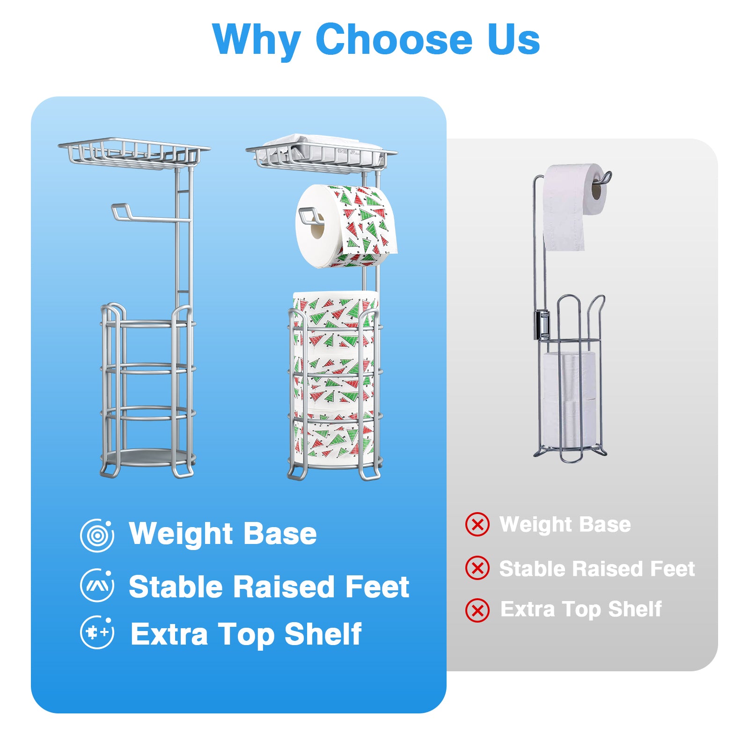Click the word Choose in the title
[x=394, y=39]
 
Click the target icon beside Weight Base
[x=97, y=536]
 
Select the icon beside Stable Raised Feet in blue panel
[x=97, y=585]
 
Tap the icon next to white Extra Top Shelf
[x=97, y=632]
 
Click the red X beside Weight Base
[x=477, y=524]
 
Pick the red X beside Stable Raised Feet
[x=477, y=568]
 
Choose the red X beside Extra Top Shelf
[x=477, y=610]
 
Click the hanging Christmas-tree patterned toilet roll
[x=346, y=226]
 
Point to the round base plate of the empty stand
[x=147, y=457]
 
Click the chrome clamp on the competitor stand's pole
[x=542, y=324]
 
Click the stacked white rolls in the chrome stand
[x=570, y=399]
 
